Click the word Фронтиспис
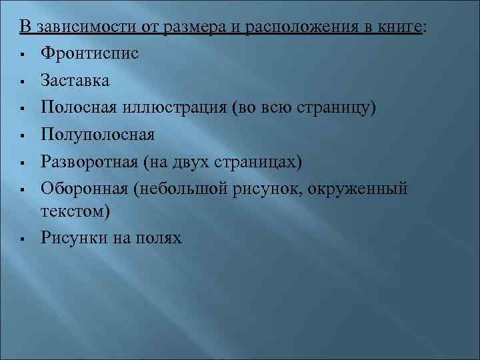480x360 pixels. click(89, 54)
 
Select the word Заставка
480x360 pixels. click(75, 81)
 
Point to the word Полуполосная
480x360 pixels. click(97, 135)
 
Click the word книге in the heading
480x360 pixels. click(399, 27)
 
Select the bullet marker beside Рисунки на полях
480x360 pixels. click(23, 238)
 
